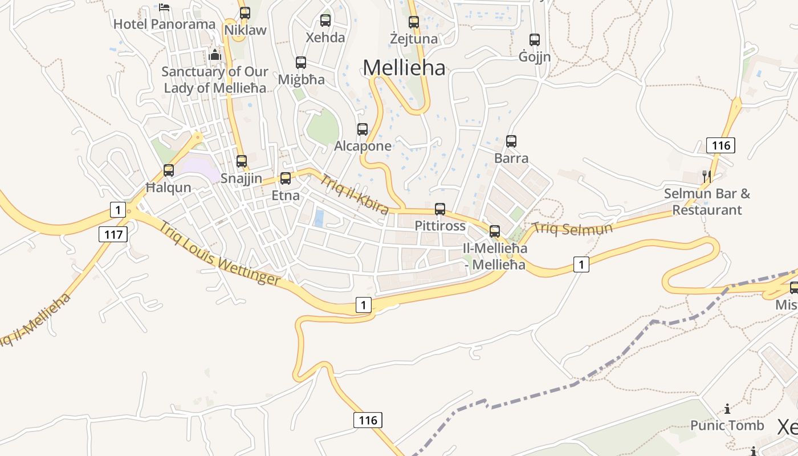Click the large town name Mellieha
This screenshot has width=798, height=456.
(x=404, y=67)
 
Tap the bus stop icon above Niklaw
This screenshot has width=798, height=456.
(x=245, y=13)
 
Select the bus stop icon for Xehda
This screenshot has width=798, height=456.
(x=325, y=21)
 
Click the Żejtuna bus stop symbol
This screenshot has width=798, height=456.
(x=414, y=22)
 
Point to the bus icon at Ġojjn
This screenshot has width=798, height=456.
(x=535, y=40)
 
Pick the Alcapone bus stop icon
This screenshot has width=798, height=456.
(x=363, y=129)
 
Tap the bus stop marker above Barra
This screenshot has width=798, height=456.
(x=511, y=141)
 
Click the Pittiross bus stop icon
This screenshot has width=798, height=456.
(x=440, y=209)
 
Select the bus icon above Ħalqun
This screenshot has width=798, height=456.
(x=169, y=170)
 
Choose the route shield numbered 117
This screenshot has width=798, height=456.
(x=113, y=234)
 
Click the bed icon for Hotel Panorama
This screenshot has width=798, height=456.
(x=164, y=7)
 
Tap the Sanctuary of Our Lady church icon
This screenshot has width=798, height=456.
(x=215, y=55)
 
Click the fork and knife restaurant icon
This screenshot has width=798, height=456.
(x=707, y=176)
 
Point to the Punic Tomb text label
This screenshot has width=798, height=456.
(x=727, y=425)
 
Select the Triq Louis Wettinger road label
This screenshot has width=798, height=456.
(x=220, y=253)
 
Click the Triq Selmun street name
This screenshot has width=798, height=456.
(x=572, y=229)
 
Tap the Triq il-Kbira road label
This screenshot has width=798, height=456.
(x=354, y=194)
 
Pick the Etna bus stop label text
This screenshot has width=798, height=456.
(x=286, y=196)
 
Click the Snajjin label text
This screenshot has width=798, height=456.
(x=241, y=178)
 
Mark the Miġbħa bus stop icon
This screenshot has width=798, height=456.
(x=301, y=63)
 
